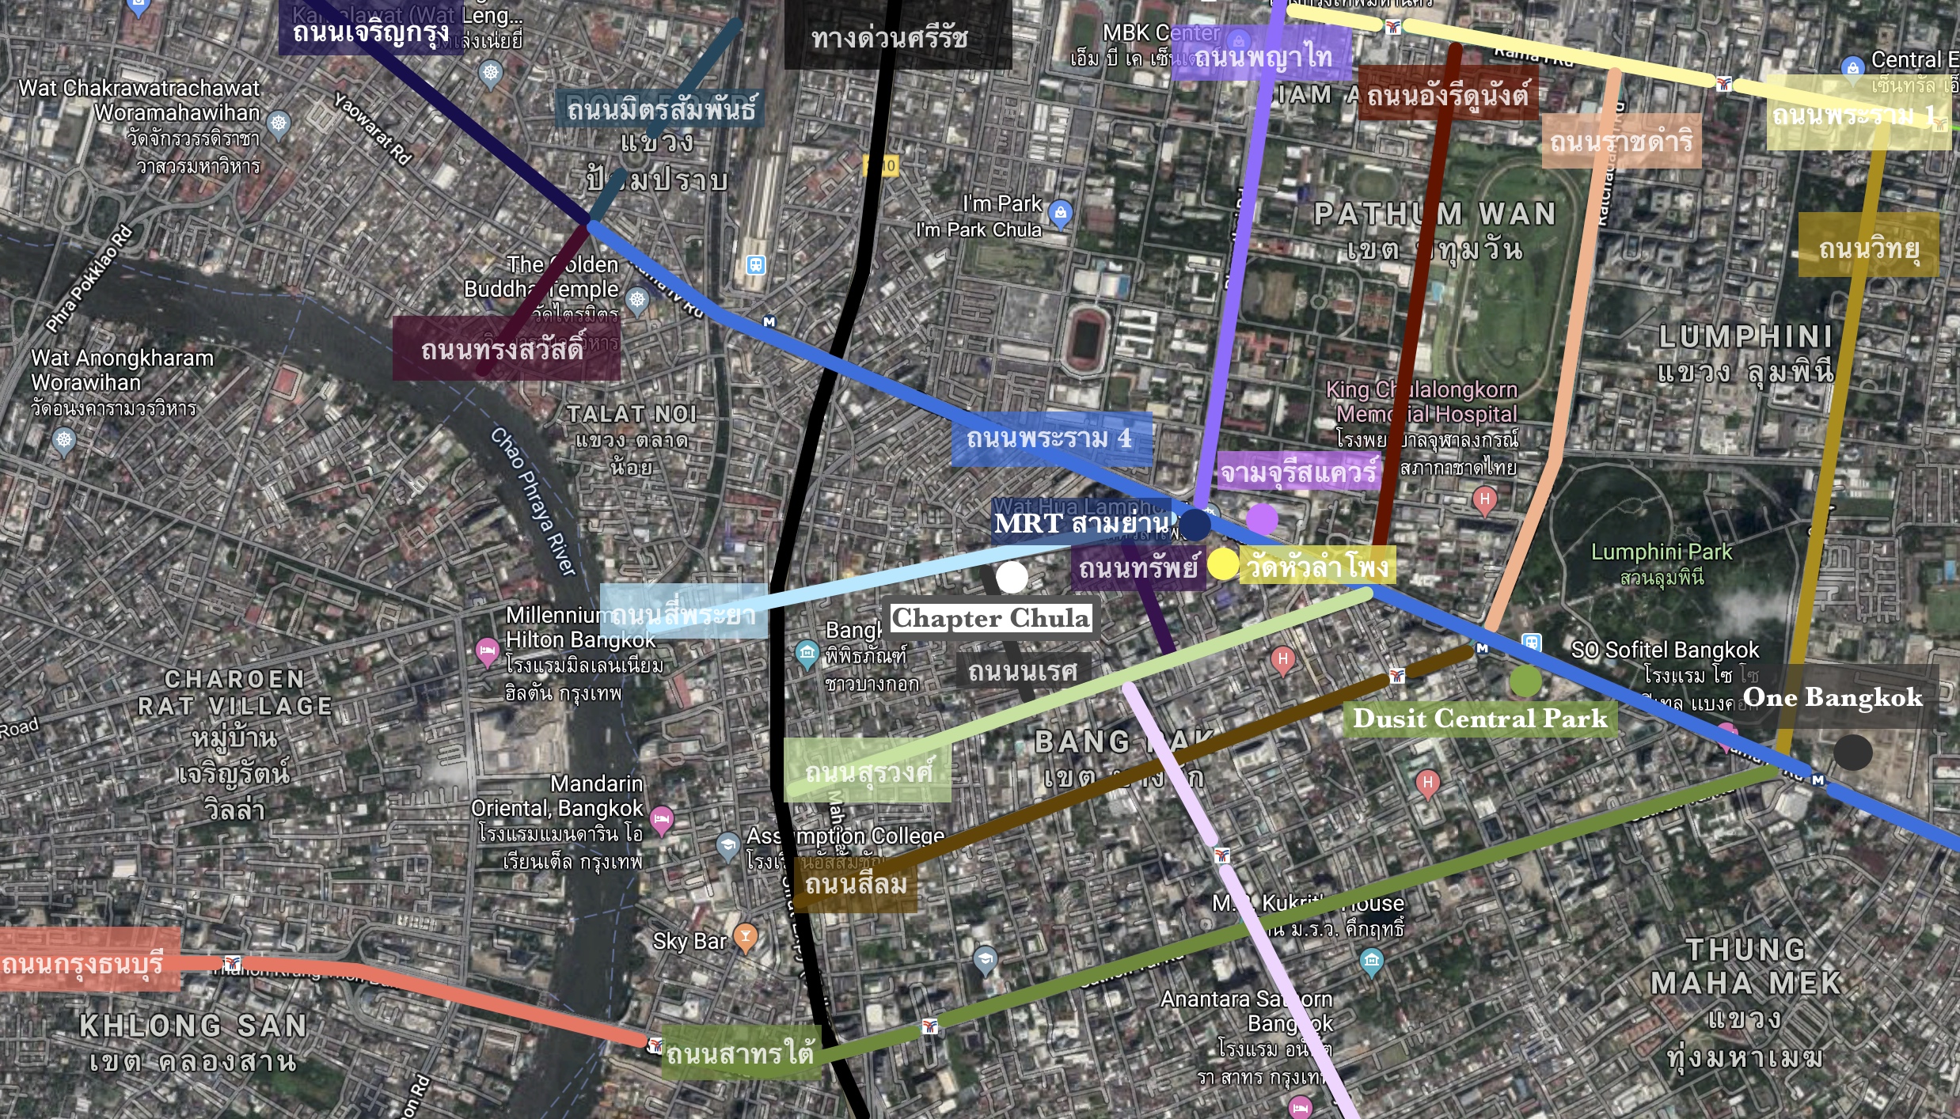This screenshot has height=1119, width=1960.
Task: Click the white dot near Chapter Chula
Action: click(x=1012, y=577)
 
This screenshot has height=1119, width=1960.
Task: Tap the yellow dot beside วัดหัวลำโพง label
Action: click(x=1222, y=564)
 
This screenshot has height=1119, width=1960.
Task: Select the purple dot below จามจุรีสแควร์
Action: click(x=1262, y=519)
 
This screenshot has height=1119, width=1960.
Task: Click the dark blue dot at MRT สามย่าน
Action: click(x=1195, y=524)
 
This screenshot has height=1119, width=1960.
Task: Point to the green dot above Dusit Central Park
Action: click(x=1525, y=681)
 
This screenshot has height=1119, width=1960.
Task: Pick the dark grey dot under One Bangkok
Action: click(x=1852, y=752)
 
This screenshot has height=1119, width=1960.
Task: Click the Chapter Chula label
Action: click(x=990, y=617)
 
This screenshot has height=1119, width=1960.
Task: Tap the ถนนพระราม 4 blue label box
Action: click(x=1050, y=438)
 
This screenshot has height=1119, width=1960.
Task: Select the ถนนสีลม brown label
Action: click(x=856, y=884)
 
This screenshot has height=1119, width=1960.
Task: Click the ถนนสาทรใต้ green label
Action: click(x=739, y=1053)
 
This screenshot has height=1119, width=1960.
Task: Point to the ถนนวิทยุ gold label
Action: click(x=1868, y=248)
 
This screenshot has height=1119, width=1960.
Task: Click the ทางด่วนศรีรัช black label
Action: click(x=890, y=37)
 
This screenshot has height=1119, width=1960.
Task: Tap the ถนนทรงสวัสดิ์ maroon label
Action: click(x=505, y=348)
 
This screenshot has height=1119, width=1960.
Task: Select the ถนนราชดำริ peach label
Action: click(x=1620, y=141)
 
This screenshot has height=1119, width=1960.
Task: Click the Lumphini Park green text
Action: click(x=1661, y=552)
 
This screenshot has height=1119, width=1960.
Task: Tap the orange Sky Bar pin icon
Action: click(x=745, y=937)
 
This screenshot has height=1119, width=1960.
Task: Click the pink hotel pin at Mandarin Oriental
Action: click(x=662, y=818)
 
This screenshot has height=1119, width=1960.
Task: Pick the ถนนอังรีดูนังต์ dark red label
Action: click(x=1447, y=95)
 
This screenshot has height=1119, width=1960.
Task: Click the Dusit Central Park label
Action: click(x=1479, y=719)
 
